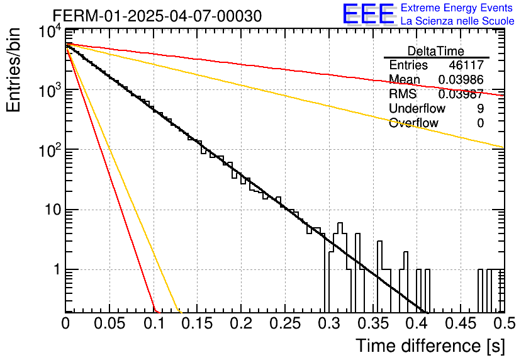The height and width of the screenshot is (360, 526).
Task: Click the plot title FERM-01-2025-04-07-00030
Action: pyautogui.click(x=157, y=16)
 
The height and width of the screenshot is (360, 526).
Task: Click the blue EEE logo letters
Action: pyautogui.click(x=368, y=14)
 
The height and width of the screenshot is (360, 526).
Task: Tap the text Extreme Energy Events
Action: pyautogui.click(x=457, y=8)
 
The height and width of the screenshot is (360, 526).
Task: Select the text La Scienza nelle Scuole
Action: pyautogui.click(x=457, y=21)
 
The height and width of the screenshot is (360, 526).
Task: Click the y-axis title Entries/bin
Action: pyautogui.click(x=13, y=70)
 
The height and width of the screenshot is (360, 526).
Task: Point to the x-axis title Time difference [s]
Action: pyautogui.click(x=430, y=346)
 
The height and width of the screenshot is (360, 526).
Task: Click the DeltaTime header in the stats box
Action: pyautogui.click(x=436, y=51)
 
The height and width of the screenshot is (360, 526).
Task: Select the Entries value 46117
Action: pyautogui.click(x=466, y=65)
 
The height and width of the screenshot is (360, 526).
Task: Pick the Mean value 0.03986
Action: pyautogui.click(x=461, y=79)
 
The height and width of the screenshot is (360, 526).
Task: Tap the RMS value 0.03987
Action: pyautogui.click(x=461, y=94)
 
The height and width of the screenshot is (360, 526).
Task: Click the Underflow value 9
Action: pyautogui.click(x=480, y=108)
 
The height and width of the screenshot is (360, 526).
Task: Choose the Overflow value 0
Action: pyautogui.click(x=480, y=123)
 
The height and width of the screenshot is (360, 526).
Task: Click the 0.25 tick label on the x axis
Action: pyautogui.click(x=285, y=323)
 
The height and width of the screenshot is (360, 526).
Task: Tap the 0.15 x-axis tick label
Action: pyautogui.click(x=197, y=323)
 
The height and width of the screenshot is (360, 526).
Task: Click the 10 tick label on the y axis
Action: pyautogui.click(x=53, y=210)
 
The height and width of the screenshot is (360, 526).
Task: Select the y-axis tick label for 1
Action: pyautogui.click(x=57, y=269)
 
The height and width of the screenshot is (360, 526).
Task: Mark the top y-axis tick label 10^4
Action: pyautogui.click(x=50, y=33)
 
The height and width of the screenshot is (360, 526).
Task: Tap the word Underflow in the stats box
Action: pyautogui.click(x=417, y=108)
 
